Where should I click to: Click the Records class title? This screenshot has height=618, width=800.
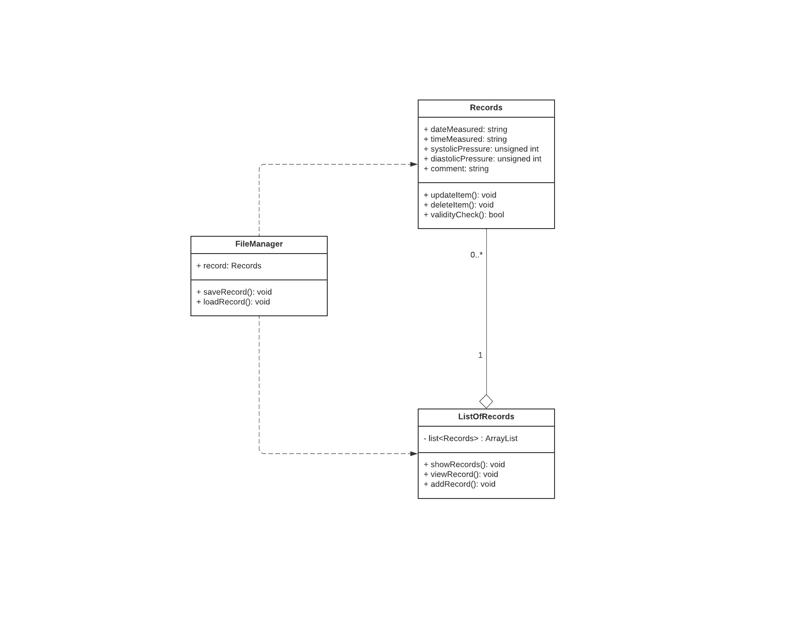click(486, 108)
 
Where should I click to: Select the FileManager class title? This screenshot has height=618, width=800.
click(259, 244)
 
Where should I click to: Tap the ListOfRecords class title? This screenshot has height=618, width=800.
click(486, 417)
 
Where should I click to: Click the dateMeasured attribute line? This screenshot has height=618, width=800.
click(465, 130)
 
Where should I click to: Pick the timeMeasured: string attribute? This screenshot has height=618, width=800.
click(465, 140)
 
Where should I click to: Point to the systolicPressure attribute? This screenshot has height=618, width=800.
click(481, 149)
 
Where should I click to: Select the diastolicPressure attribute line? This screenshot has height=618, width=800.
click(482, 159)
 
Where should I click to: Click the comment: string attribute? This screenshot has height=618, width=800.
click(456, 169)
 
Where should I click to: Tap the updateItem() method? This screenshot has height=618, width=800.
click(460, 195)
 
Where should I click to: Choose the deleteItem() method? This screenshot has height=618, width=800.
click(458, 205)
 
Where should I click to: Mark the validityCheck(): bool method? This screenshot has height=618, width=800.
click(464, 215)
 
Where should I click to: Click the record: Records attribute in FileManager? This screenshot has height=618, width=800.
click(229, 266)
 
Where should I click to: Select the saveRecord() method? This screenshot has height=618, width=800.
click(234, 292)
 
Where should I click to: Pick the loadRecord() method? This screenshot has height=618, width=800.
click(233, 302)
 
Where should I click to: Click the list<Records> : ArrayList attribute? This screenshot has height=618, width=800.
click(470, 439)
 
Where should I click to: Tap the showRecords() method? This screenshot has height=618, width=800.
click(464, 465)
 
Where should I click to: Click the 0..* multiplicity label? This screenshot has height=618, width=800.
click(476, 255)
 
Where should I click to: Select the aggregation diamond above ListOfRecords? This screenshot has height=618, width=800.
click(486, 401)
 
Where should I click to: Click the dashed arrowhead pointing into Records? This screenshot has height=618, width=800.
click(414, 164)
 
